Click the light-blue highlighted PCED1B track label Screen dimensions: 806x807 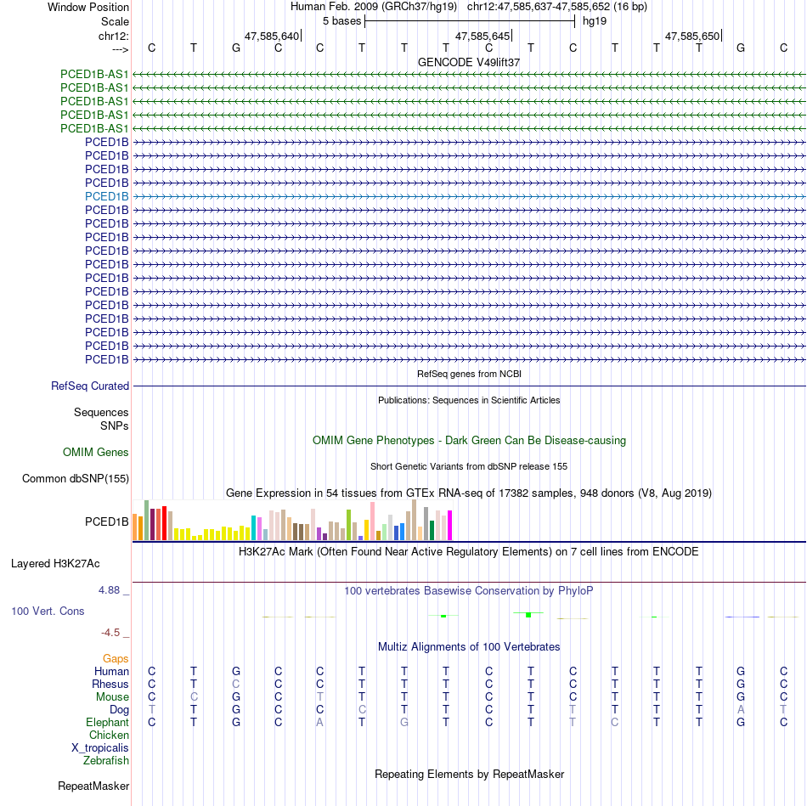click(107, 196)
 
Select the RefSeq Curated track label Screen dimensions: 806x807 click(90, 386)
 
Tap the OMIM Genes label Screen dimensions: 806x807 click(96, 453)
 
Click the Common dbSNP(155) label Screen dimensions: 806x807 click(76, 479)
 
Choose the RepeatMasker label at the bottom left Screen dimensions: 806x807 click(93, 786)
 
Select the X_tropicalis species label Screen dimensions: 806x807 click(100, 748)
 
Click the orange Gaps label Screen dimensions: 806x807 click(116, 658)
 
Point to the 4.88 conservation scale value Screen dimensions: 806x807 click(112, 590)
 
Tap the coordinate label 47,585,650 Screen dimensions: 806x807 click(692, 37)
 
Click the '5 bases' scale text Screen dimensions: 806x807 click(342, 20)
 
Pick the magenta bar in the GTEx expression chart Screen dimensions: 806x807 click(449, 525)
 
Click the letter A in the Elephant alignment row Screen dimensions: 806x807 click(320, 723)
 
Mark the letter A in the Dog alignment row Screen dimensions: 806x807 click(741, 709)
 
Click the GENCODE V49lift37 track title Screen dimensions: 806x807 click(469, 62)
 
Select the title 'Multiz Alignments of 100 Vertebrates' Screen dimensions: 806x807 click(469, 647)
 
